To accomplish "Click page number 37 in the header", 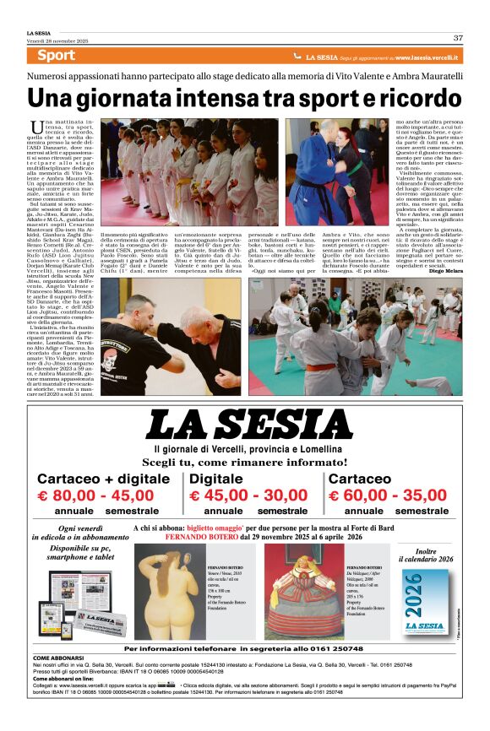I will tap(458, 37).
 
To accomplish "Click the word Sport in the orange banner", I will tap(57, 56).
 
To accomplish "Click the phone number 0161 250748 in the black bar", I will tap(336, 648).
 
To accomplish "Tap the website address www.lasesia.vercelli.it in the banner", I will tap(427, 57).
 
